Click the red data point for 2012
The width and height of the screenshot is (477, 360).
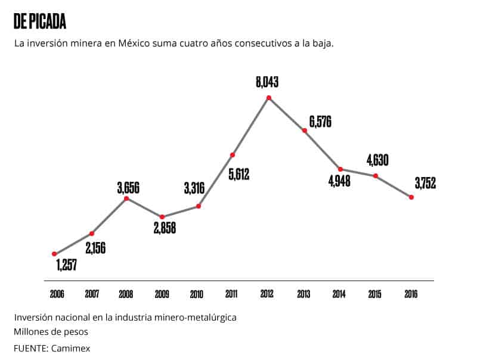[x=269, y=97]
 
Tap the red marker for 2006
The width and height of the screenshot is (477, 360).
[x=54, y=254]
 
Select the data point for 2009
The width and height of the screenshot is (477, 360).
[x=162, y=217]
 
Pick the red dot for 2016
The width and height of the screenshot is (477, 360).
[x=411, y=197]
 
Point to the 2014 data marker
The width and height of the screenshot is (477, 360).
[x=340, y=169]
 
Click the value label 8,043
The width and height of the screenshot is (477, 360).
[x=268, y=82]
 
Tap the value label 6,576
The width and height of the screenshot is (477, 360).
[x=320, y=122]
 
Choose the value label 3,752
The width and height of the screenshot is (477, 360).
[x=424, y=184]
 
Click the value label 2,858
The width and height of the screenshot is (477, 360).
[x=164, y=228]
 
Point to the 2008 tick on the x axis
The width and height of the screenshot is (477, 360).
[x=125, y=294]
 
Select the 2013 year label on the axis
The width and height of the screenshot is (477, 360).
[x=304, y=294]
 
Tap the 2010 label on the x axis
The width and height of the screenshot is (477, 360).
[x=197, y=294]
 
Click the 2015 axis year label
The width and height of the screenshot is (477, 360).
[x=375, y=294]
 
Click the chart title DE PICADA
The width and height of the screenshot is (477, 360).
[x=39, y=22]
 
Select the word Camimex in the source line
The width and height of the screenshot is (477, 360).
[x=71, y=347]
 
